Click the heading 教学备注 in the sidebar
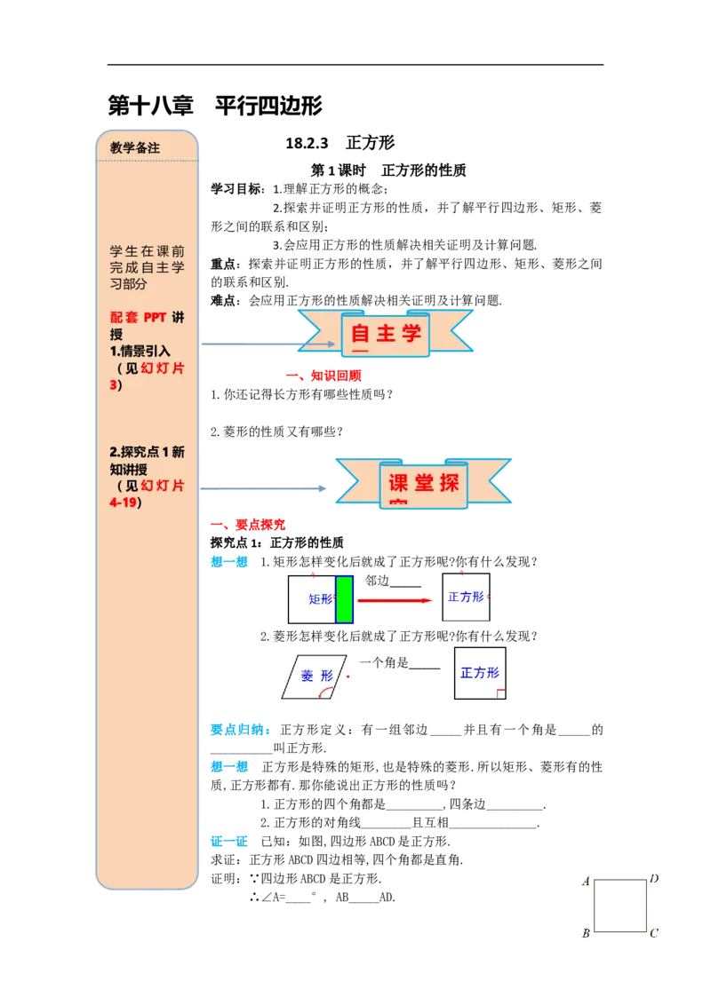(x=135, y=148)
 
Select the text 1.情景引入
(x=140, y=351)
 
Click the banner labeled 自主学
(x=385, y=335)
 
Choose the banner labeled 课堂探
(x=423, y=485)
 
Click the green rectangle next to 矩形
(x=344, y=599)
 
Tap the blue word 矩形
(x=320, y=599)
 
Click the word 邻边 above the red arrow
(x=378, y=581)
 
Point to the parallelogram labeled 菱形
(x=314, y=677)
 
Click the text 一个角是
(x=384, y=663)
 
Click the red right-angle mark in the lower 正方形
(x=500, y=693)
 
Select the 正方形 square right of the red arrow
(x=466, y=597)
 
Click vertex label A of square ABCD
(x=586, y=882)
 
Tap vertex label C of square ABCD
(x=653, y=933)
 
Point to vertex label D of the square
(x=654, y=879)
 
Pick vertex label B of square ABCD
(x=586, y=934)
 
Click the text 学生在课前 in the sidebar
(x=147, y=251)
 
